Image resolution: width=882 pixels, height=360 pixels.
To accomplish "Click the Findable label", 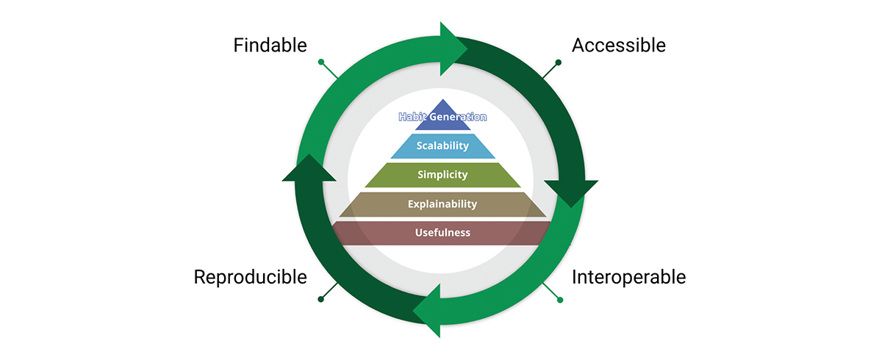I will (x=270, y=46).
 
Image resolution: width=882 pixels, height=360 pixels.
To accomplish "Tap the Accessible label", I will (x=618, y=46).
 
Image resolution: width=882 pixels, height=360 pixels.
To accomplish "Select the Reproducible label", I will (x=250, y=278).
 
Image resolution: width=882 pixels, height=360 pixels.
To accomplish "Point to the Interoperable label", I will (x=628, y=278).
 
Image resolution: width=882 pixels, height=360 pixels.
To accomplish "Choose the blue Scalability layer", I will (x=442, y=146).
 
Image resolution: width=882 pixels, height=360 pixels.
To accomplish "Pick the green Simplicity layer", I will (x=442, y=175).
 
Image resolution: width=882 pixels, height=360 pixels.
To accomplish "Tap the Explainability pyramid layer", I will (x=442, y=204).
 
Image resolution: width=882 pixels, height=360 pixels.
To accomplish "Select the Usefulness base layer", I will (x=442, y=234).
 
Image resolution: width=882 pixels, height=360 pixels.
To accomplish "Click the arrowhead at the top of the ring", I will (x=453, y=48).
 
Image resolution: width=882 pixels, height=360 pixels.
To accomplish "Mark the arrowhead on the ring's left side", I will (x=309, y=169).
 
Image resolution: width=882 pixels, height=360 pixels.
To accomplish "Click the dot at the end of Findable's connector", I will (x=321, y=62).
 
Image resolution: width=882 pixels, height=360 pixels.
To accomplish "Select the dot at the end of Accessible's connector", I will (x=559, y=62).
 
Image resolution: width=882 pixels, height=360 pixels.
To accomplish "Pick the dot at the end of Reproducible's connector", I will (x=321, y=299).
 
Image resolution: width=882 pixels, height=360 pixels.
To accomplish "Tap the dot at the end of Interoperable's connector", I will (x=560, y=300).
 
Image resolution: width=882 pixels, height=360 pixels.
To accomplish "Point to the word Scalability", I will (x=442, y=146).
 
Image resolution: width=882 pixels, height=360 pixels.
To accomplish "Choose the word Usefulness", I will (x=442, y=234).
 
